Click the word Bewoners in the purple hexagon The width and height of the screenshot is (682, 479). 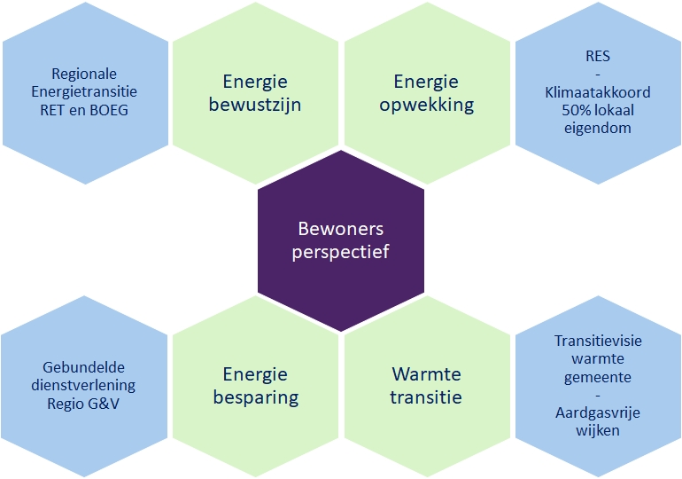(341, 229)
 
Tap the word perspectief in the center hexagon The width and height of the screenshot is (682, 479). (341, 253)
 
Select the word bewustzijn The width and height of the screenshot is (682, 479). (255, 105)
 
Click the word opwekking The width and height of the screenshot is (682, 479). (426, 106)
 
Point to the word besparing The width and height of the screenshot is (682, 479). (256, 398)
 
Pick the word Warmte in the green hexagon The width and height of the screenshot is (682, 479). (426, 374)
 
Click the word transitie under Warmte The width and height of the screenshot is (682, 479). (426, 397)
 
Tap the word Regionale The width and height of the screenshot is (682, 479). (84, 75)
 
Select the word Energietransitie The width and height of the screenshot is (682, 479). (84, 92)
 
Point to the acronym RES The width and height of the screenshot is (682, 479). (598, 56)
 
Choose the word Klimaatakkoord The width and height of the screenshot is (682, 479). (598, 92)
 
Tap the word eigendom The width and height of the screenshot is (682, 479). (598, 129)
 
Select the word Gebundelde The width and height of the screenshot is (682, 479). (83, 367)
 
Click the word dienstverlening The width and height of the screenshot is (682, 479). (83, 386)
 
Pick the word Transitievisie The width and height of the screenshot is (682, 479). (598, 341)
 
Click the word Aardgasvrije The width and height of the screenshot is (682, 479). (598, 413)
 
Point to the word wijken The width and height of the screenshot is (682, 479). (598, 431)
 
